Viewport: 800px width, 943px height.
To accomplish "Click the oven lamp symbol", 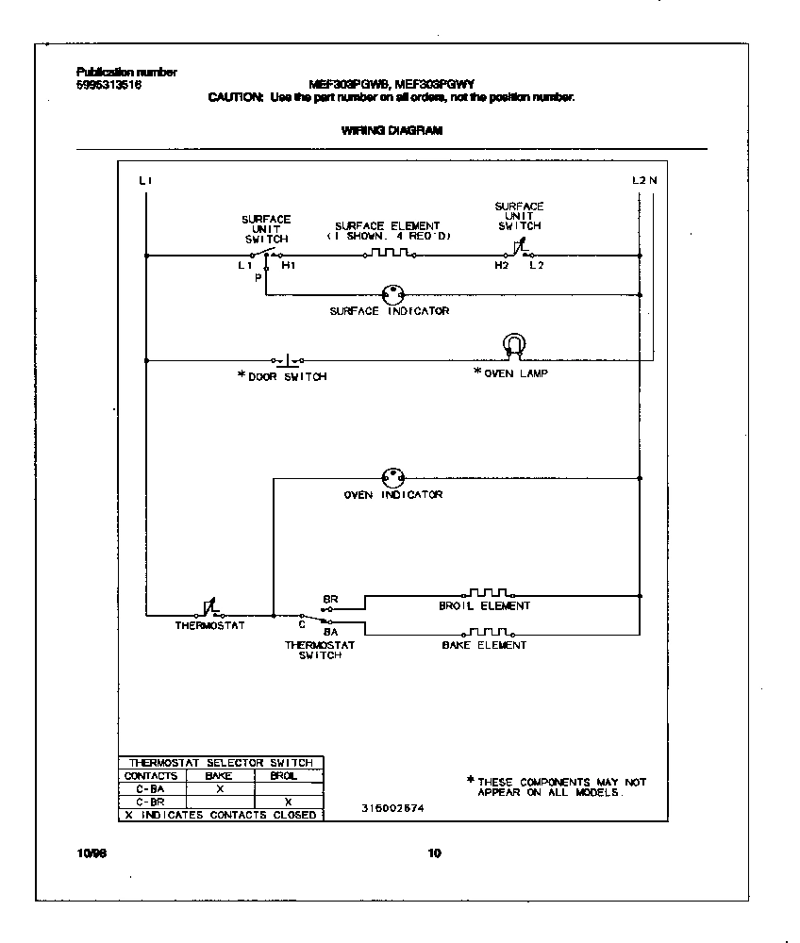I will pos(512,346).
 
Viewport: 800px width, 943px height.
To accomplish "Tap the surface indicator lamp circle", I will pos(391,294).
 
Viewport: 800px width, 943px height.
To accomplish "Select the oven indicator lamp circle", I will pos(392,477).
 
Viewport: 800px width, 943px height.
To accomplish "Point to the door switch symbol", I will pos(287,359).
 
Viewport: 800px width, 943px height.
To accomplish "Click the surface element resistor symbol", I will pos(388,253).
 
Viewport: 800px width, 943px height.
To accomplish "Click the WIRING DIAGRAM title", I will pos(391,131).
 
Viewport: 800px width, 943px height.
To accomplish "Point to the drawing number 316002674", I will pos(392,809).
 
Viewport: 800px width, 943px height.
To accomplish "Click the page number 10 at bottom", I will pos(433,854).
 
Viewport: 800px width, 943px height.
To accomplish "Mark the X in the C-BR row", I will pos(288,801).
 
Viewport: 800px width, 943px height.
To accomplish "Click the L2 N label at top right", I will pos(644,179).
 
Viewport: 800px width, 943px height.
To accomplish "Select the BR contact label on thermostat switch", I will pos(330,599).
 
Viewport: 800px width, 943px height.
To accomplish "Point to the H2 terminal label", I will pos(500,266).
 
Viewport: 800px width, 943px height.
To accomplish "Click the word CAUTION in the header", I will pos(236,97).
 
